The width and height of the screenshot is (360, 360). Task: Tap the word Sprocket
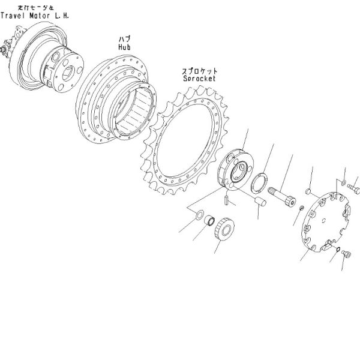point(198,79)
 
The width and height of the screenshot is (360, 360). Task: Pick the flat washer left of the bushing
point(196,215)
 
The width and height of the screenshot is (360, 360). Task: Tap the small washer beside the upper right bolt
point(341,181)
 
